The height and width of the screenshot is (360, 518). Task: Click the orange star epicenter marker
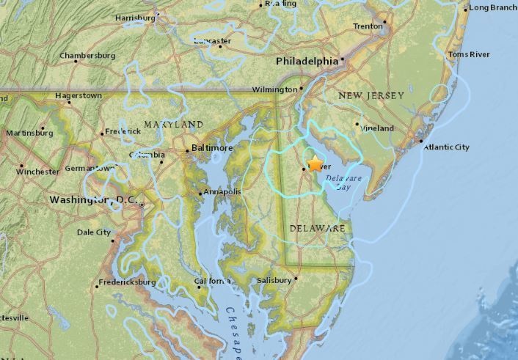315,164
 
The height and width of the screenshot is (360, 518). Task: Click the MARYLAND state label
173,124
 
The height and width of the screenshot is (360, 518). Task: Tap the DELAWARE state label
317,229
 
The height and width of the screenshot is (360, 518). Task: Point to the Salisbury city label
274,280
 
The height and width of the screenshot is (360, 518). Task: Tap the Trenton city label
368,26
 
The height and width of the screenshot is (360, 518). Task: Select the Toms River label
470,54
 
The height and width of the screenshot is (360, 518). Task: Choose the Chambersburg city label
87,55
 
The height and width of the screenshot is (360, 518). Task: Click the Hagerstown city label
79,96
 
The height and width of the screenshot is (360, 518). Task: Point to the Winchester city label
37,172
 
